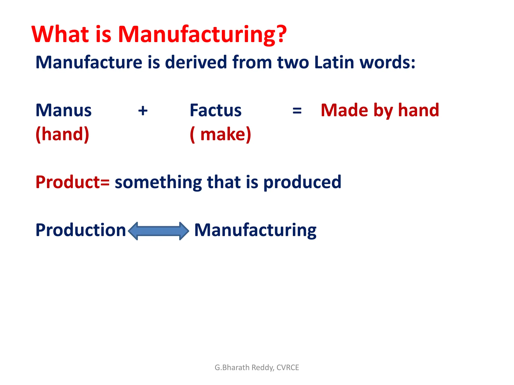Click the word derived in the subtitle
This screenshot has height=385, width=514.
pos(196,62)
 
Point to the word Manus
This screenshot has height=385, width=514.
pos(63,110)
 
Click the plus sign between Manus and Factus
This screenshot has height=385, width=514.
pos(143,111)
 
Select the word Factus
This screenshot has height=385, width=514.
pos(216,110)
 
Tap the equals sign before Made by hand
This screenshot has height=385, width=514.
pos(297,111)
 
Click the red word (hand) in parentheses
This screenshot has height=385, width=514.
pos(62,134)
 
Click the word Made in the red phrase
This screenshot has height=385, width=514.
pos(344,110)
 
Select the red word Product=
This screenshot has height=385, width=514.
pos(72,182)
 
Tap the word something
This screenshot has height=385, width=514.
pos(158,182)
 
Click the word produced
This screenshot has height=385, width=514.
pos(302,182)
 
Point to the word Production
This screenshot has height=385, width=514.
pos(80,230)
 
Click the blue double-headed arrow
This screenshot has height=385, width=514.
pos(158,231)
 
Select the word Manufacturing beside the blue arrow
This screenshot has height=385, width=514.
pos(255,230)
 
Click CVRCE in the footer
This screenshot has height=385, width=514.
pos(288,367)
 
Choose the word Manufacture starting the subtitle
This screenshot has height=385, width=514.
pos(89,62)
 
